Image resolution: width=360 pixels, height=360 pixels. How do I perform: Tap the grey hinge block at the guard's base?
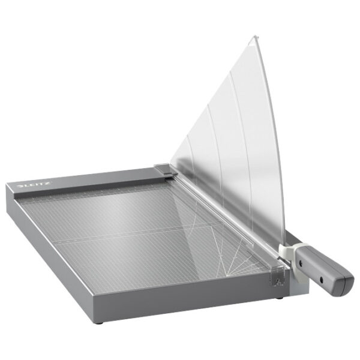coord(165,171)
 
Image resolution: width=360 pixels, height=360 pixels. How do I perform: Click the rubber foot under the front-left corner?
coord(100,322)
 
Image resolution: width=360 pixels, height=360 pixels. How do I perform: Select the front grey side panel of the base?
coord(192,303)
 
